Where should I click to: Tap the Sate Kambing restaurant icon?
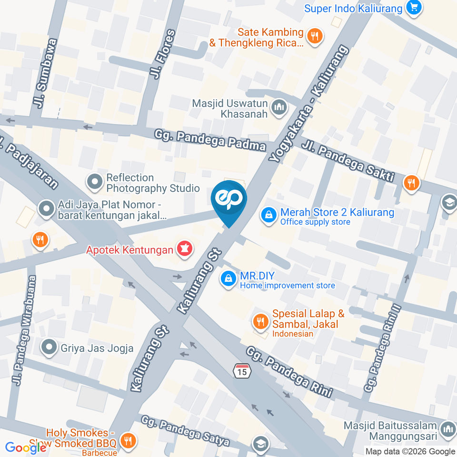(314, 36)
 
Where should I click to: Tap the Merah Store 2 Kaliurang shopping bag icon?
(269, 215)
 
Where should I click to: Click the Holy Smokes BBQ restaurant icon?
(127, 440)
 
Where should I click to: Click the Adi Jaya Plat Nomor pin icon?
(47, 209)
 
